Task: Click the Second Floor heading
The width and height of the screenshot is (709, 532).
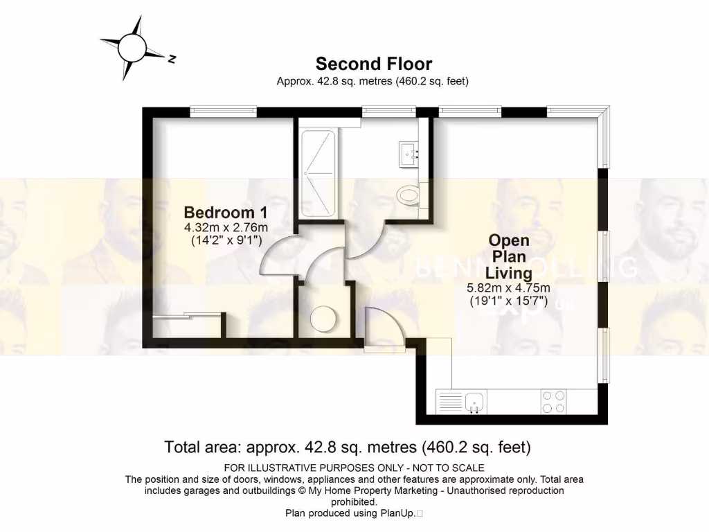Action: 374,64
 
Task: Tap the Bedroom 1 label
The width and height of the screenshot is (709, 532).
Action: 225,212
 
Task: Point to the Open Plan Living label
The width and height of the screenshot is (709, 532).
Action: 509,256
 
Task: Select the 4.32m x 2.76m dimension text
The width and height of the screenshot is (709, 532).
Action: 226,227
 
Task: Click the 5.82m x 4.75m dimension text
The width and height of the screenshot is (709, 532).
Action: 509,288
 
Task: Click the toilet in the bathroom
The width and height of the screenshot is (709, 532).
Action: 409,195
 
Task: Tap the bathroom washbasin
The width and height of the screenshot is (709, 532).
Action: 409,152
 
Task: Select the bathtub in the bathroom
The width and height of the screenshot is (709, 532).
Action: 318,172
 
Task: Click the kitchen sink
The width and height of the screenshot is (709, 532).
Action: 475,400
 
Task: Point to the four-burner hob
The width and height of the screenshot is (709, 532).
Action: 553,401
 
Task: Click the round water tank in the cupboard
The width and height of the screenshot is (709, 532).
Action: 322,319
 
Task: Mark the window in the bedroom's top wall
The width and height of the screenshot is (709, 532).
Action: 224,111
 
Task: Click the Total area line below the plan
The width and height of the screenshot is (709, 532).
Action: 348,447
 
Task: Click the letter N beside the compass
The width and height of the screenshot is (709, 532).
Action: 172,59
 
